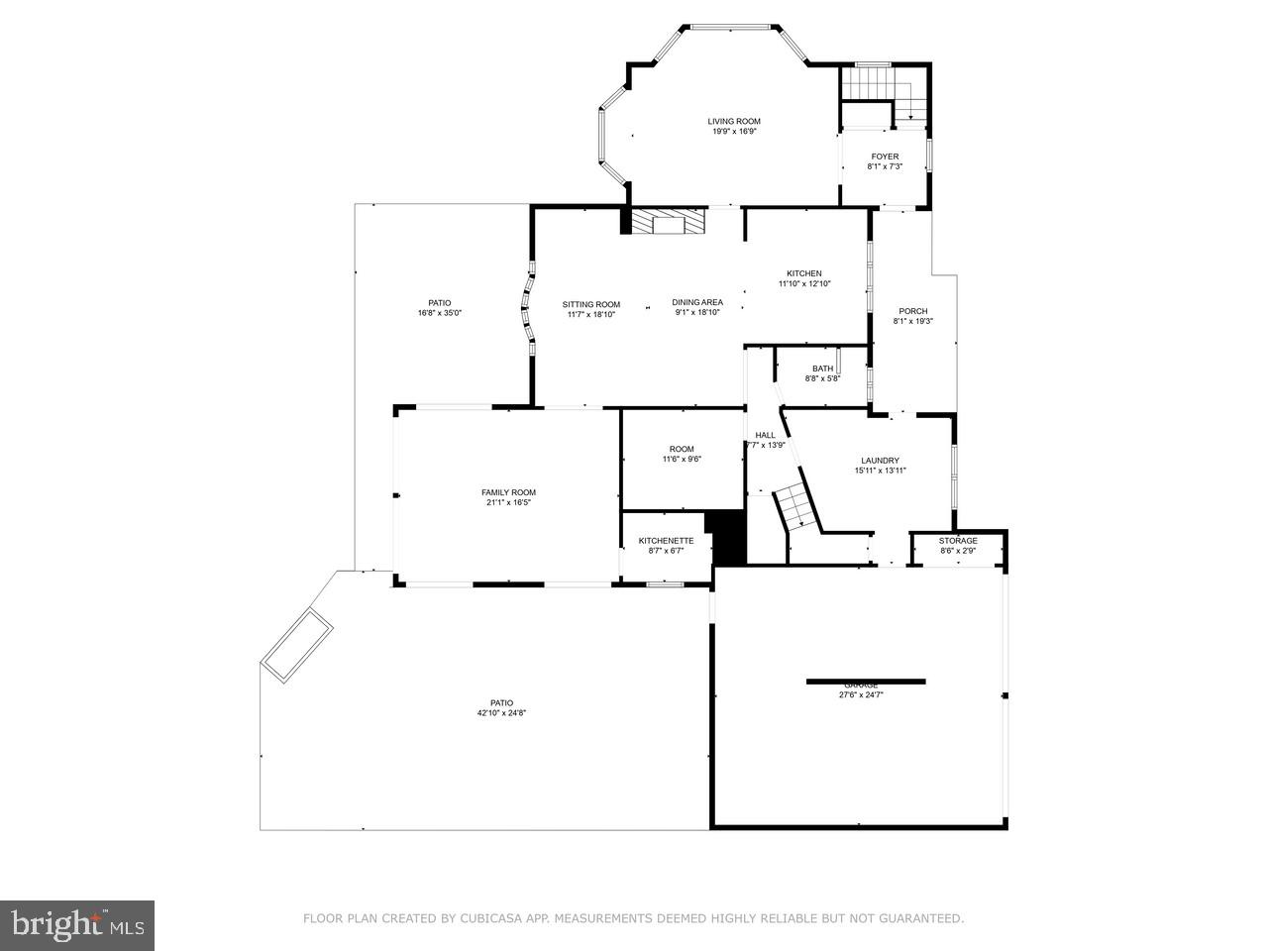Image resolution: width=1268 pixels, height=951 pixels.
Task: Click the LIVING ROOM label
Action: (734, 122)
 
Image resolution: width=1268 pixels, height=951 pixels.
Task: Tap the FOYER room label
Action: (885, 157)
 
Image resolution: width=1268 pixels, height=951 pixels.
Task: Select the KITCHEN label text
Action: (804, 274)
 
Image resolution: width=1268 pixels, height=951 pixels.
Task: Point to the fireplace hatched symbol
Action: (668, 223)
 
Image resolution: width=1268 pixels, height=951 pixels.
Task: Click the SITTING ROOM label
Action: (591, 304)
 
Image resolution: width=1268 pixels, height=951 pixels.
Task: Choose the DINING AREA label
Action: (697, 302)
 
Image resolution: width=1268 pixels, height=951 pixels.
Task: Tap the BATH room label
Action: (822, 369)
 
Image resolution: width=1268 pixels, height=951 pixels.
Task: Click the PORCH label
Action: (912, 311)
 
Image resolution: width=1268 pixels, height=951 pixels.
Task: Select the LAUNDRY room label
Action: (880, 461)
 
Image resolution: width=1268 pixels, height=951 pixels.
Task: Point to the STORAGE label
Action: (958, 541)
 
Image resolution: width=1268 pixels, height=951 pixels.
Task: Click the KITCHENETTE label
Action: (666, 541)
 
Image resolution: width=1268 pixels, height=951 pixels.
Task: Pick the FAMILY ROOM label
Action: (508, 492)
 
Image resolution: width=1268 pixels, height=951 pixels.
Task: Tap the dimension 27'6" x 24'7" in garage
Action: (860, 695)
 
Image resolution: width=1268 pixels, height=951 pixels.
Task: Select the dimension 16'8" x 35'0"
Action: (440, 313)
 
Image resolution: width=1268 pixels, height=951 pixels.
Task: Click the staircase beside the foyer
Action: (885, 99)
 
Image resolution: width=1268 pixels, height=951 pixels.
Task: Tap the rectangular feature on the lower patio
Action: (296, 646)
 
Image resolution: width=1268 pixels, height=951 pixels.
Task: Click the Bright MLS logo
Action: (76, 925)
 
